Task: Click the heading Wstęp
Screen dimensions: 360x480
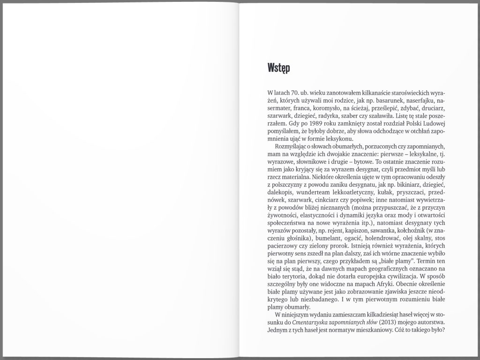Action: click(x=278, y=68)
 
